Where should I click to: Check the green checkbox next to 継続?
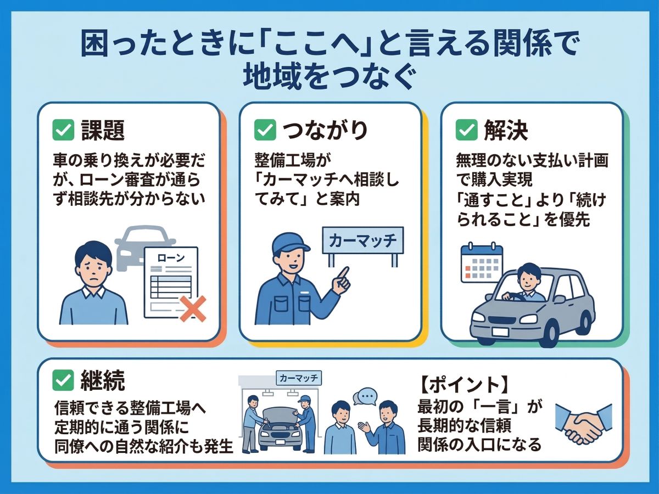[x=63, y=379]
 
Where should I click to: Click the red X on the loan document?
[x=193, y=308]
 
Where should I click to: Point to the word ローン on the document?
[x=171, y=257]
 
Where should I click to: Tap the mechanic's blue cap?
[x=290, y=242]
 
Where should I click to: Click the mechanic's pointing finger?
[x=344, y=272]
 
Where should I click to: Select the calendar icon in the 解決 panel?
[x=482, y=263]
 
